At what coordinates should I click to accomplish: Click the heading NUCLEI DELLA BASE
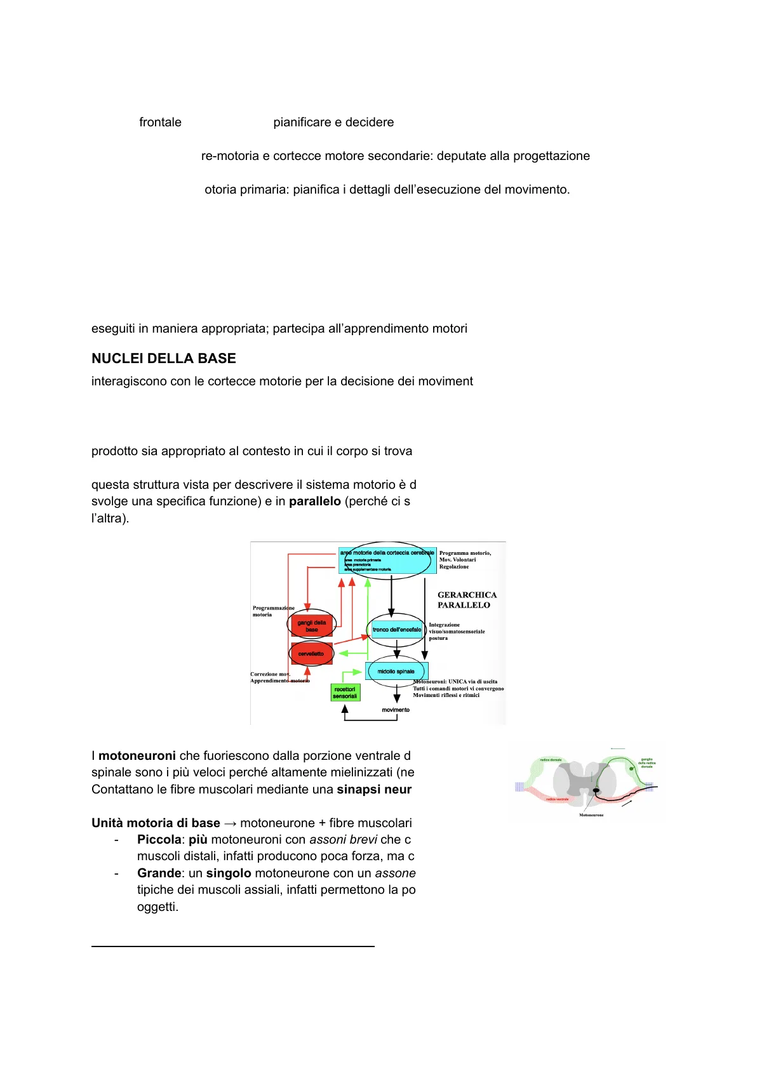tap(163, 359)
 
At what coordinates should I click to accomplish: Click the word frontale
tap(160, 123)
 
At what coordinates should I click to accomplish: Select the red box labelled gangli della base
tap(311, 626)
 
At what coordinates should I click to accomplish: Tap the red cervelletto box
tap(311, 654)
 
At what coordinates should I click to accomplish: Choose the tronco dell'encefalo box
tap(397, 630)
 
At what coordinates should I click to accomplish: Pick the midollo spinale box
tap(396, 671)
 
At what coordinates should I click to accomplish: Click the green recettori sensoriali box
tap(345, 693)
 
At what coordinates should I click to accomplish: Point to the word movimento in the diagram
tap(396, 710)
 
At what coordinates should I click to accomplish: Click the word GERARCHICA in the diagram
tap(467, 595)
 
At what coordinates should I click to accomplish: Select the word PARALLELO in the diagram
tap(464, 605)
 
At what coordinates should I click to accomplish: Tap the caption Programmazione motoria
tap(272, 611)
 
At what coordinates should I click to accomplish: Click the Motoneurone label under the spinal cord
tap(591, 815)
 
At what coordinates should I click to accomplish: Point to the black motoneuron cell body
tap(596, 790)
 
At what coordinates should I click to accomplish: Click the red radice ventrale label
tap(557, 799)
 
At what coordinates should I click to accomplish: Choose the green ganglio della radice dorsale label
tap(646, 762)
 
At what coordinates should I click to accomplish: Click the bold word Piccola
tap(159, 840)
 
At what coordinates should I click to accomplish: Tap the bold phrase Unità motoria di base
tap(156, 823)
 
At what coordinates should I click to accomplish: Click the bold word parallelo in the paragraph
tap(314, 501)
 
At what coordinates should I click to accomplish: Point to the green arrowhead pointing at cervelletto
tap(341, 653)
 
